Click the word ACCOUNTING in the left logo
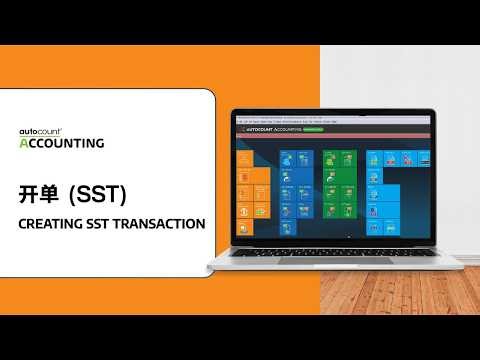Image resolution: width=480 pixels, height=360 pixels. coord(62,143)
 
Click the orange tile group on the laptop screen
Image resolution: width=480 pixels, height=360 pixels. coord(254,195)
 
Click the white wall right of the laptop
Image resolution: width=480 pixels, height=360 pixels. coord(450,150)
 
